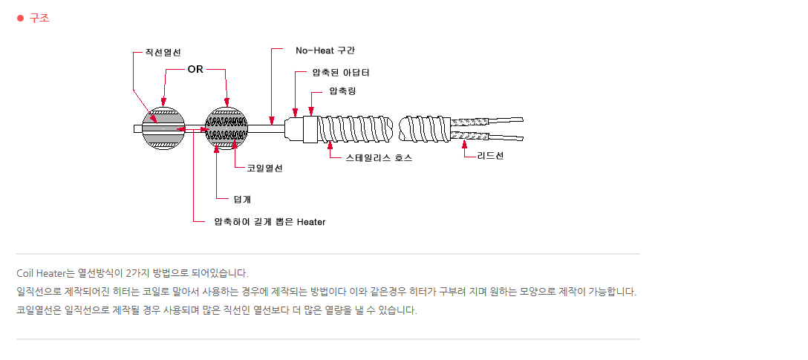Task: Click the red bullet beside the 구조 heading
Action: pyautogui.click(x=21, y=18)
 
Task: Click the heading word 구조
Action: pyautogui.click(x=39, y=18)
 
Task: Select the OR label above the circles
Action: pyautogui.click(x=195, y=70)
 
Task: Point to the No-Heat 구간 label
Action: pyautogui.click(x=325, y=50)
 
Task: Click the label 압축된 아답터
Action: pyautogui.click(x=341, y=73)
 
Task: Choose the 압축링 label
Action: pyautogui.click(x=342, y=91)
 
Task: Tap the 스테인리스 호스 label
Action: pyautogui.click(x=379, y=158)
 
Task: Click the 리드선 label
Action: pyautogui.click(x=490, y=155)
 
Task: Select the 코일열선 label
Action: pyautogui.click(x=265, y=168)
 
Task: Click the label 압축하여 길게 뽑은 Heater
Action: pyautogui.click(x=270, y=222)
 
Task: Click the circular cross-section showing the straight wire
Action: pyautogui.click(x=163, y=128)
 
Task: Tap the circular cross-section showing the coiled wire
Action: pyautogui.click(x=227, y=128)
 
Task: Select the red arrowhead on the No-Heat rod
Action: pyautogui.click(x=271, y=120)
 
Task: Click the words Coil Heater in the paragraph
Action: pyautogui.click(x=38, y=272)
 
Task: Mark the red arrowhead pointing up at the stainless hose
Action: pyautogui.click(x=330, y=147)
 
